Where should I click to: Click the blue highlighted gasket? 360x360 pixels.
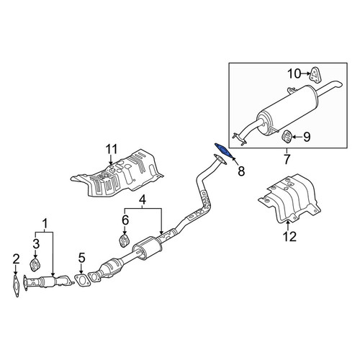(x=223, y=150)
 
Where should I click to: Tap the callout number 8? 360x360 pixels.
(x=240, y=171)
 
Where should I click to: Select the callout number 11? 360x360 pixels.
(x=112, y=149)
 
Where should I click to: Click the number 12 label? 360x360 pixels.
(x=289, y=236)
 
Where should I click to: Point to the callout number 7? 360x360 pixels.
(x=287, y=159)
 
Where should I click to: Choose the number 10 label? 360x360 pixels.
(x=294, y=73)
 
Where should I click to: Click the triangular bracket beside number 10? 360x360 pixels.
(x=315, y=75)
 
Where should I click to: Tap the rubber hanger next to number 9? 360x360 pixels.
(x=286, y=137)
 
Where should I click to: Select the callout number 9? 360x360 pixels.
(x=307, y=137)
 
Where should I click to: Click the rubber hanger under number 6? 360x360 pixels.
(x=125, y=241)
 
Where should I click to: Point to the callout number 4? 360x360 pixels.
(x=143, y=200)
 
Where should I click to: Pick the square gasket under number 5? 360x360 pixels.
(x=82, y=280)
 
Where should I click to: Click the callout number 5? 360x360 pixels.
(x=81, y=258)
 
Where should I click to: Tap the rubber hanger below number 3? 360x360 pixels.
(x=35, y=265)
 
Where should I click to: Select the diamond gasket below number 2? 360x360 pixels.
(x=16, y=287)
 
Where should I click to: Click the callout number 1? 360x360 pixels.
(x=45, y=224)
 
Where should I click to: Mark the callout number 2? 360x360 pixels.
(x=16, y=259)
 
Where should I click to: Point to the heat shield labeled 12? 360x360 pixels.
(x=289, y=199)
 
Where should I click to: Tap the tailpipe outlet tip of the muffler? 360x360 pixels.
(x=337, y=85)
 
